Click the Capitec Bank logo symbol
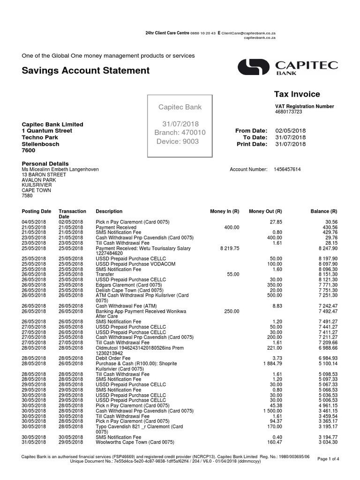[x=254, y=67]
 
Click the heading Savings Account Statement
[x=86, y=70]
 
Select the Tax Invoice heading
[x=297, y=94]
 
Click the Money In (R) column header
[x=225, y=211]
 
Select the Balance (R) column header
[x=324, y=211]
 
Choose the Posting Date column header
[x=37, y=211]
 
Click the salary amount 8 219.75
[x=229, y=248]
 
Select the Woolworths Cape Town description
[x=135, y=442]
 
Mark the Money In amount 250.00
[x=231, y=311]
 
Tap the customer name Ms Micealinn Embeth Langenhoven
[x=60, y=169]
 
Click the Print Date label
[x=253, y=144]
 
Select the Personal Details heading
[x=45, y=164]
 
